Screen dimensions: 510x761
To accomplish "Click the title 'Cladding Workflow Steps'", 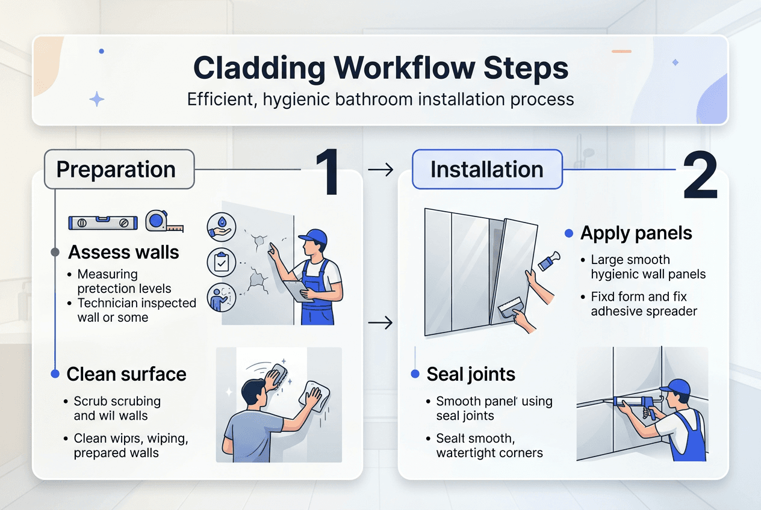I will [380, 69].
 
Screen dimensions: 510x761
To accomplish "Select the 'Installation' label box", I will [486, 170].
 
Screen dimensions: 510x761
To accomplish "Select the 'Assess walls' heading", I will [123, 252].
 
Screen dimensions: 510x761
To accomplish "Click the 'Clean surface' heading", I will [126, 374].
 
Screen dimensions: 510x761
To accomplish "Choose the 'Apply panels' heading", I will [636, 233].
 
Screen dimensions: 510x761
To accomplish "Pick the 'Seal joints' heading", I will [471, 374].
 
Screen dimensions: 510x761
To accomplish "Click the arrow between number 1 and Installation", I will [380, 170].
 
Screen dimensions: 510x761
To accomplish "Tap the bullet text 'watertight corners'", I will [489, 452].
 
